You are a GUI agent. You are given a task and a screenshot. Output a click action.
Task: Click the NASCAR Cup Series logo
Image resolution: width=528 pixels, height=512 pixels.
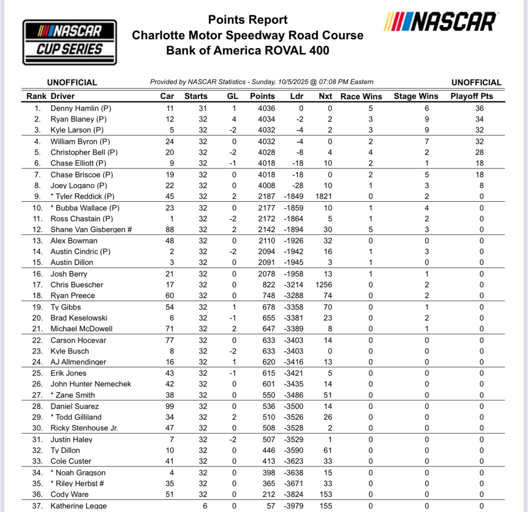70,42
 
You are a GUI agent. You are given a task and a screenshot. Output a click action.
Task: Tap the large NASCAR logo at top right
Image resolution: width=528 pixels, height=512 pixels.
440,22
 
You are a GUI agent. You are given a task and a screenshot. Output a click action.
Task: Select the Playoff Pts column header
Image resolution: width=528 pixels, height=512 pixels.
472,96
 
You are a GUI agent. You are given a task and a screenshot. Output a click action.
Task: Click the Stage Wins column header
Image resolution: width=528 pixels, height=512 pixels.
416,96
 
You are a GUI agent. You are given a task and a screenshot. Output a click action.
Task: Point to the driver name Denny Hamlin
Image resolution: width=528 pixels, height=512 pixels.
75,108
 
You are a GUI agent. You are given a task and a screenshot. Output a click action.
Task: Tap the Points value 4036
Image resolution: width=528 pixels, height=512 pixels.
266,108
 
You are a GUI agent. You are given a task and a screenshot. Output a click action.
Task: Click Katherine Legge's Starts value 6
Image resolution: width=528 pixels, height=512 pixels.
205,506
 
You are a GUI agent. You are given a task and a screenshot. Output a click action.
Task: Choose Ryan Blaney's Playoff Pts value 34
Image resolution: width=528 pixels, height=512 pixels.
479,119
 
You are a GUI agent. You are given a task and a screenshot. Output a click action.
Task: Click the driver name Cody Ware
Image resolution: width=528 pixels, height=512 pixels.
70,494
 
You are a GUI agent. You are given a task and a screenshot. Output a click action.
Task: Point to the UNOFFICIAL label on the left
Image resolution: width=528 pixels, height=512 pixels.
72,82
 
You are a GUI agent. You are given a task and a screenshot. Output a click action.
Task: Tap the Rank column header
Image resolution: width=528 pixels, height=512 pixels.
36,96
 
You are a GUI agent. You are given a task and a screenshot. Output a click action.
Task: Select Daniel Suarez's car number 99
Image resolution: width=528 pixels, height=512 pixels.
170,406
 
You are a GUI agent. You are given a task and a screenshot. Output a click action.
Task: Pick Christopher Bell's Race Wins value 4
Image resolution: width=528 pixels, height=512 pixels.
371,152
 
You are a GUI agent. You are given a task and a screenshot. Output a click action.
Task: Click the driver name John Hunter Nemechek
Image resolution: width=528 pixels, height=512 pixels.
91,384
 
